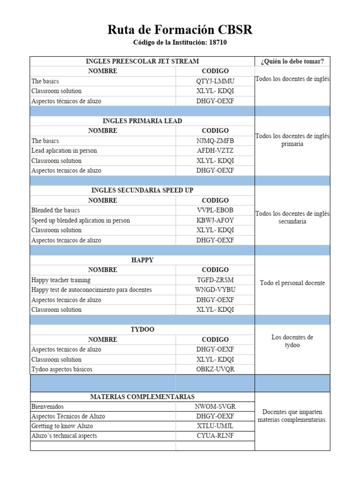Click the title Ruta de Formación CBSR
click(x=180, y=30)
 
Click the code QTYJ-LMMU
click(x=215, y=81)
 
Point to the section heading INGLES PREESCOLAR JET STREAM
click(x=142, y=61)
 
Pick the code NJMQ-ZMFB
click(x=215, y=141)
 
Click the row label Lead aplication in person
click(x=63, y=150)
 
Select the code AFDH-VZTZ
click(x=215, y=150)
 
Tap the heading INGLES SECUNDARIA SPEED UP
click(x=142, y=190)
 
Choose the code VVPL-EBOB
click(x=215, y=210)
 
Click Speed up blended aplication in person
click(x=81, y=220)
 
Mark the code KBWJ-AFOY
click(x=215, y=220)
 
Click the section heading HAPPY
click(x=142, y=260)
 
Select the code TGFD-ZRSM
click(x=215, y=280)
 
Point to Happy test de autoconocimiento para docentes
click(x=91, y=290)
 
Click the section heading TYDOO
click(x=142, y=330)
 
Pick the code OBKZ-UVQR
click(x=215, y=369)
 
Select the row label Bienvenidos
click(x=47, y=406)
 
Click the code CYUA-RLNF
click(x=215, y=436)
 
